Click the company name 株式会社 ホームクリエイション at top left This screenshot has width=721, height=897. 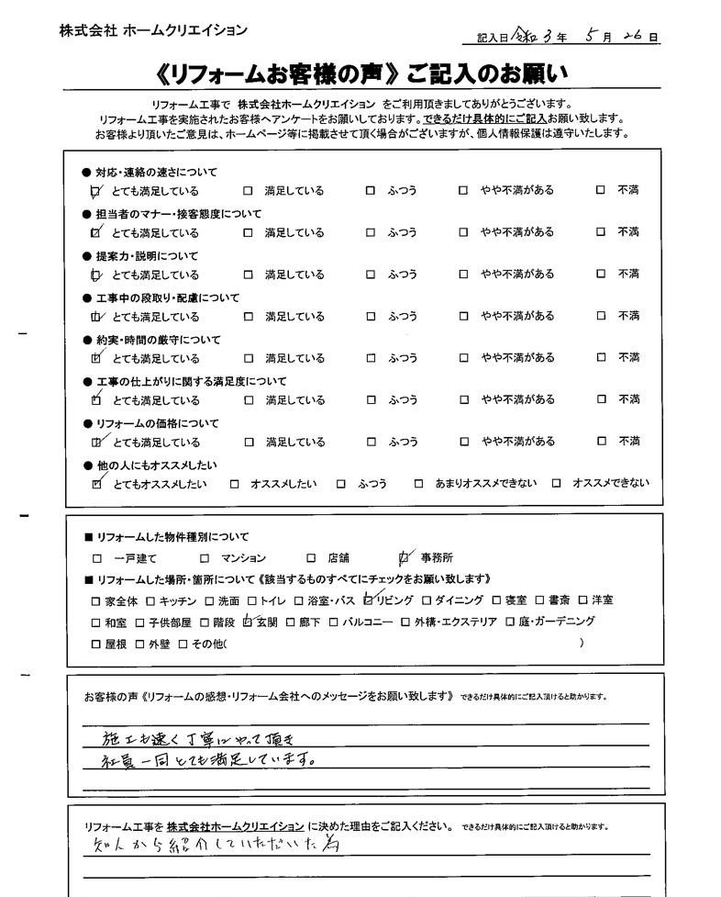tap(153, 30)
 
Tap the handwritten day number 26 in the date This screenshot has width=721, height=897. tap(633, 36)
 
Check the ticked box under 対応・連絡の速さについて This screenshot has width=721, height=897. tap(96, 192)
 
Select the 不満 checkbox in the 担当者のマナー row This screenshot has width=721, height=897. tap(601, 232)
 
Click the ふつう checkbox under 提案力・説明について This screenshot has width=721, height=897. tap(371, 275)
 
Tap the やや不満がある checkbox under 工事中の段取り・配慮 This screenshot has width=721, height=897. tap(464, 317)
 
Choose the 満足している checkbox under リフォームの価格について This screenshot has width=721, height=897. tap(248, 442)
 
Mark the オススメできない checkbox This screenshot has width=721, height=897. tap(557, 484)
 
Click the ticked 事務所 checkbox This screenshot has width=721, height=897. tap(405, 557)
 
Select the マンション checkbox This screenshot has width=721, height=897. tap(205, 558)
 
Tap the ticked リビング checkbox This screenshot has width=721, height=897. tap(369, 601)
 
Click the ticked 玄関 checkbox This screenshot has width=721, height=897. tap(247, 622)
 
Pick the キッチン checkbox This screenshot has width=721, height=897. tap(151, 601)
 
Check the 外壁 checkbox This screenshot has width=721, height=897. tap(140, 645)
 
